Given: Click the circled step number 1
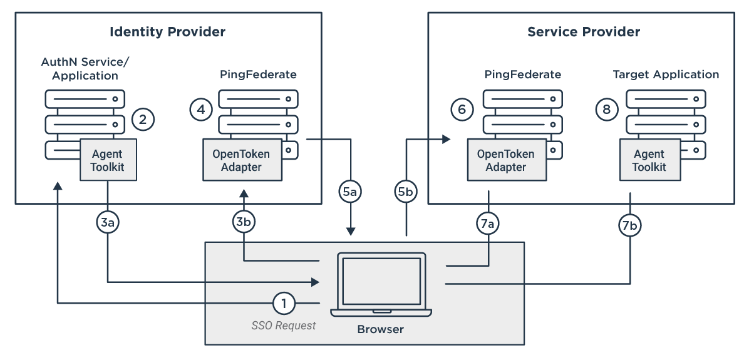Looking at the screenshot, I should click(284, 304).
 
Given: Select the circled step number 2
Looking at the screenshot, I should click(143, 119).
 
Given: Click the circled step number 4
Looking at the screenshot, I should click(200, 110).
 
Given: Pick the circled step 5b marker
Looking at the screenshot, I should click(406, 192).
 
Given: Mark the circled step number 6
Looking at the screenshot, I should click(462, 110).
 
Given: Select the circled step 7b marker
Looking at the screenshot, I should click(630, 225).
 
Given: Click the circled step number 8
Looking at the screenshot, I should click(606, 110).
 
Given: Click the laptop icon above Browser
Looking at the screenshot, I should click(380, 284).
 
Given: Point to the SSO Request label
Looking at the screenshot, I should click(284, 326).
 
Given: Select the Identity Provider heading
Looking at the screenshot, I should click(167, 32).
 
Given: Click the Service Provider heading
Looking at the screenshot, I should click(583, 32).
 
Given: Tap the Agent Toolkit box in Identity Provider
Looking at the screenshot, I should click(107, 160).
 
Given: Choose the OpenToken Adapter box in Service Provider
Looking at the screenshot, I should click(505, 160).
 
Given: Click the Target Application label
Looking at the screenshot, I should click(666, 75).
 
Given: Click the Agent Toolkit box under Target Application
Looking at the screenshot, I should click(649, 160).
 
